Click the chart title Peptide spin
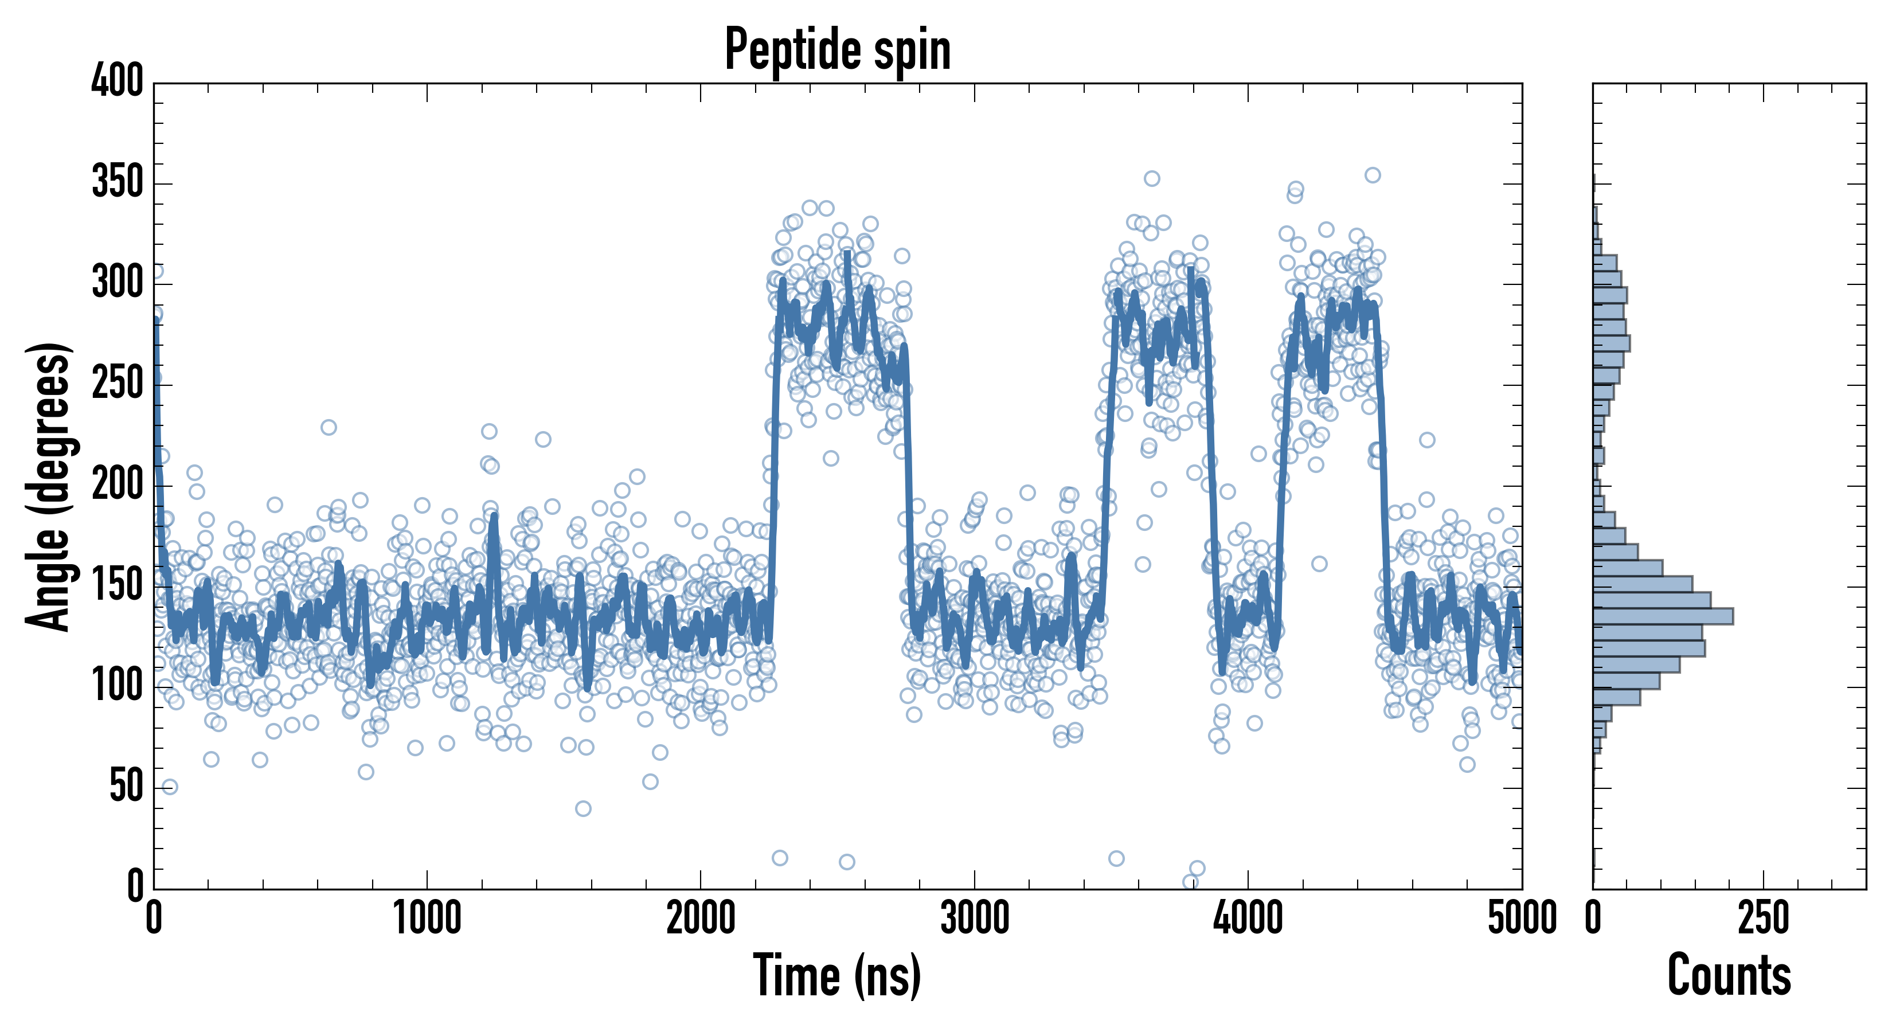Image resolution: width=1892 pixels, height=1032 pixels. coord(837,50)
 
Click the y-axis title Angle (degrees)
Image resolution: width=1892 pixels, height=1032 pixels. coord(49,486)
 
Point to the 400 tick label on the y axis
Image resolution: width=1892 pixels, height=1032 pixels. coord(118,80)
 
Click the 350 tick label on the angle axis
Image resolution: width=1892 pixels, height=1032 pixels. coord(118,182)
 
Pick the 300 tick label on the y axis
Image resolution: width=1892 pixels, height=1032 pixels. coord(118,283)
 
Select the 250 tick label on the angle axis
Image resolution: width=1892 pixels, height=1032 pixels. coord(118,384)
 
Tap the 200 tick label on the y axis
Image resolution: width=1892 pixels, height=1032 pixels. coord(118,485)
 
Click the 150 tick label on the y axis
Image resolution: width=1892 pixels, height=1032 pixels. coord(118,585)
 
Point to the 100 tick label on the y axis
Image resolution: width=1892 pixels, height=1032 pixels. coord(118,686)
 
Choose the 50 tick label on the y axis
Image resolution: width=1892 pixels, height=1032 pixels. coord(126,787)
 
